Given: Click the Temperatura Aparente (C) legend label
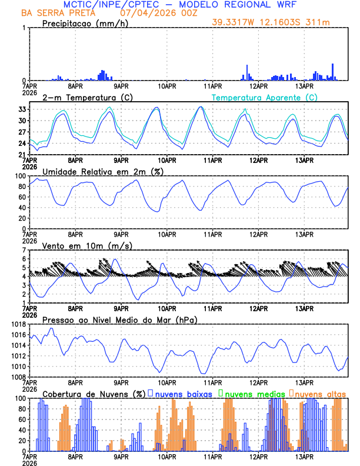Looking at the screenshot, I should click(x=265, y=97).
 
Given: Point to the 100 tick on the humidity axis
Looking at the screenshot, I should click(x=19, y=176).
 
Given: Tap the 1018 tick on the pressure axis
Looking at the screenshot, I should click(x=17, y=324).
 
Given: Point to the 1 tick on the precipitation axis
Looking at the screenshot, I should click(x=24, y=28).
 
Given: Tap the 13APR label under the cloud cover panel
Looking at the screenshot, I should click(x=304, y=457).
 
